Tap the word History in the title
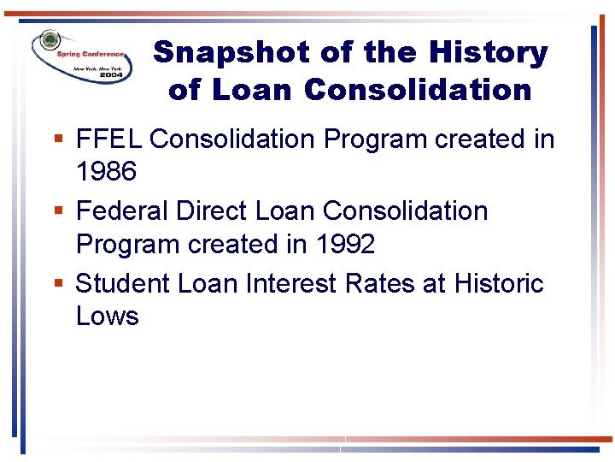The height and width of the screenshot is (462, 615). click(488, 53)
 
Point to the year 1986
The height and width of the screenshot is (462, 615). click(106, 172)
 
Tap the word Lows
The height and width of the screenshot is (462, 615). click(107, 317)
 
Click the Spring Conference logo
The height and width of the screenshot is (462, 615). click(81, 56)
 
